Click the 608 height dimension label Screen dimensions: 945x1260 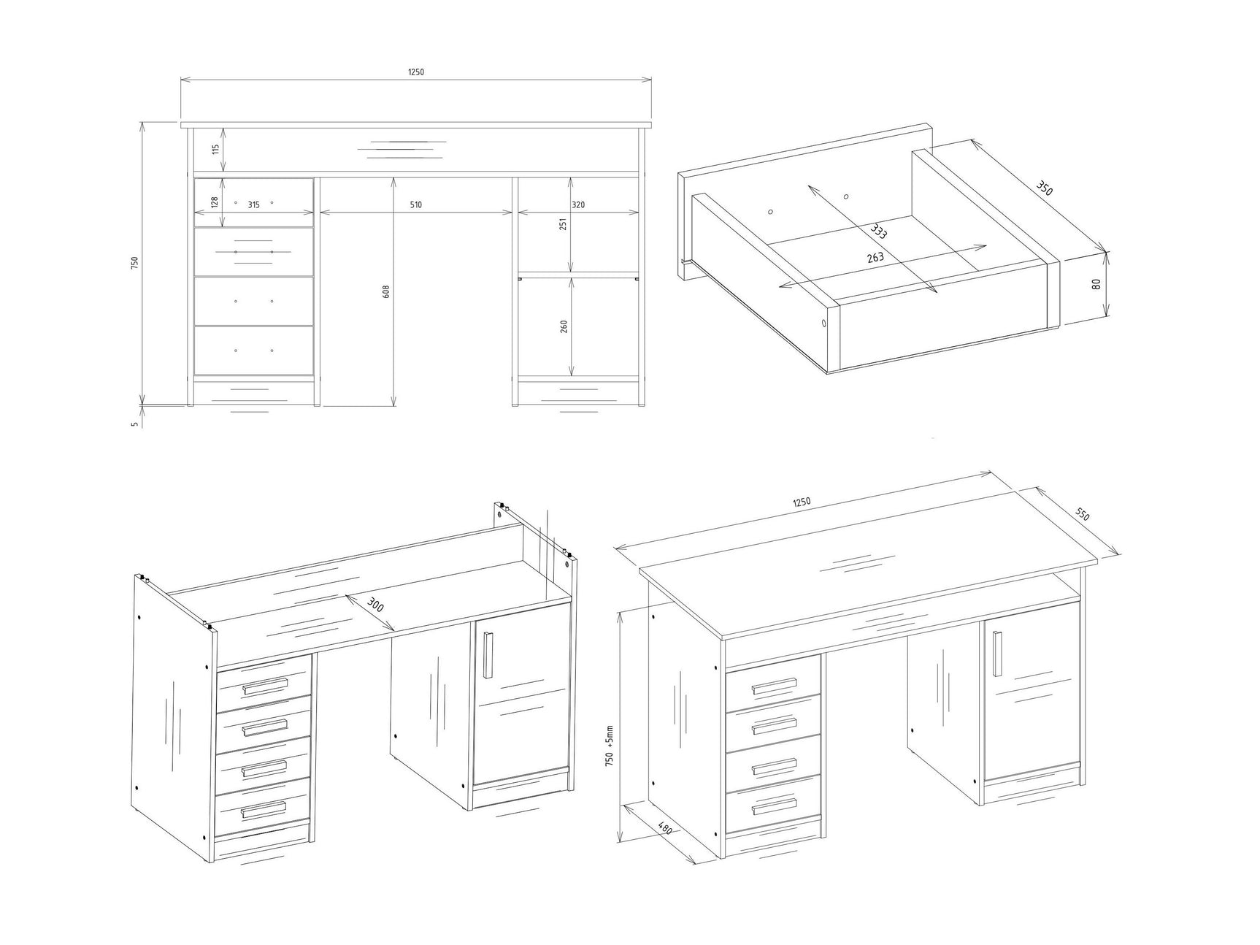[x=387, y=291]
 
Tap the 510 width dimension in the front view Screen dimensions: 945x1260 [x=415, y=205]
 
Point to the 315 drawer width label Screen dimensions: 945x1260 [x=253, y=205]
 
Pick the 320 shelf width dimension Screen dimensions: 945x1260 [x=578, y=205]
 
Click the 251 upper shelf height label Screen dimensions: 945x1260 [x=562, y=223]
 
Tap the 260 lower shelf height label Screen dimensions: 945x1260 [x=564, y=326]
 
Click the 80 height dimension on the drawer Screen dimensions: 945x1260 [x=1096, y=283]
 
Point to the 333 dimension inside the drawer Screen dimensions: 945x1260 [x=878, y=232]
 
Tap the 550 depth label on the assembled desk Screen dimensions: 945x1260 [x=1083, y=514]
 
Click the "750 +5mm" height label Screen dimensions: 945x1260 [x=610, y=745]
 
